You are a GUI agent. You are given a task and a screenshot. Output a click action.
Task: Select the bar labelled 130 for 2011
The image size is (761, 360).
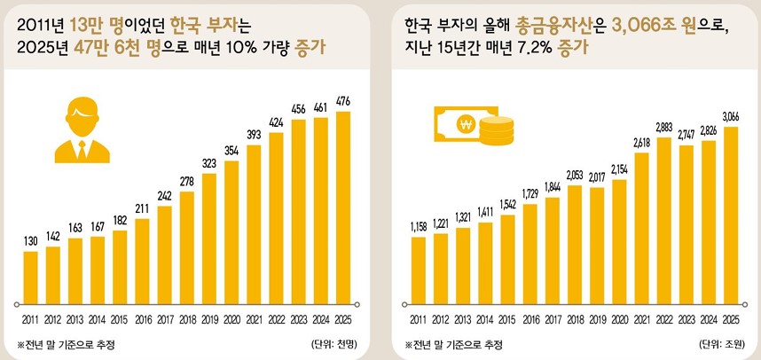coord(31,276)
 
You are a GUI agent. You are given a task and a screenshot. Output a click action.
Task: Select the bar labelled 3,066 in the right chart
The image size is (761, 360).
coord(730,214)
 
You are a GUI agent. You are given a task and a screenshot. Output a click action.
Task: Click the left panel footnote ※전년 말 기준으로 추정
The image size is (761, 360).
coord(66,343)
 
